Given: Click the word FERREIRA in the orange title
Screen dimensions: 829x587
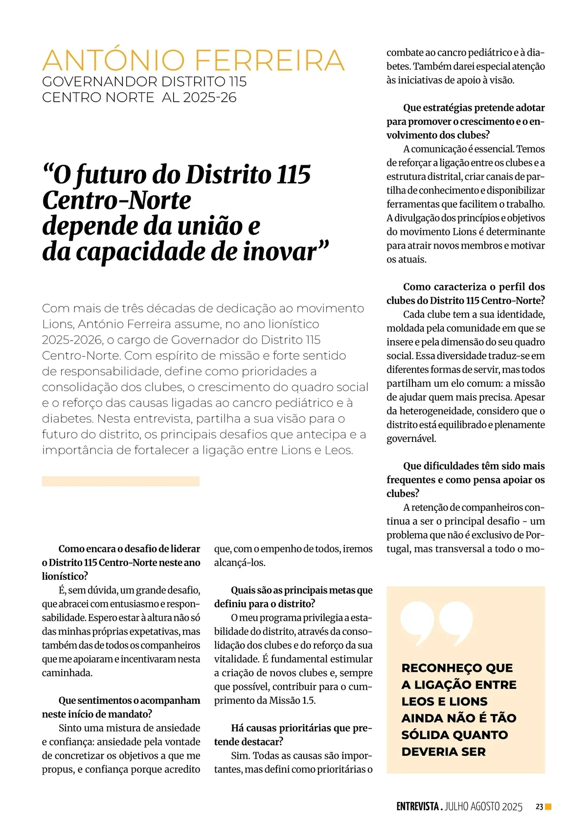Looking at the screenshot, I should (x=270, y=61).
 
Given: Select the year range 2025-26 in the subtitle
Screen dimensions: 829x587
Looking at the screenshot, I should (x=210, y=98).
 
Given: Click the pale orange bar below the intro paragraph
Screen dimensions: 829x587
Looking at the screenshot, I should (x=120, y=481).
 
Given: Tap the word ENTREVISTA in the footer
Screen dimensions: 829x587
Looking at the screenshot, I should (x=418, y=807).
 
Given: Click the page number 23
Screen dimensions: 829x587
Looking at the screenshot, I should (x=539, y=807).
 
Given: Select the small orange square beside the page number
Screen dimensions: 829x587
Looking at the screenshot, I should (x=548, y=807).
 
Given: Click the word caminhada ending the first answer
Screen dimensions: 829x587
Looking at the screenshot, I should (x=67, y=673).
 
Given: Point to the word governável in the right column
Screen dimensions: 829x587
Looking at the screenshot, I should (x=411, y=439).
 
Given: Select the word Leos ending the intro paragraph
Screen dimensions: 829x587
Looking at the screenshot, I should (x=338, y=450).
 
